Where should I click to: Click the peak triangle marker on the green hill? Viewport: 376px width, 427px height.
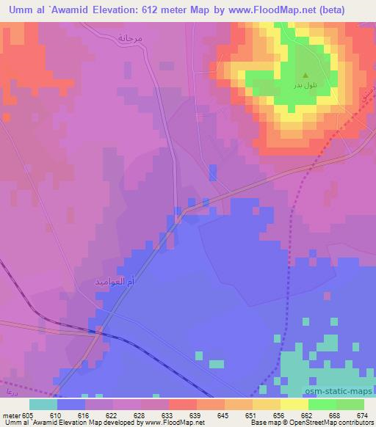[x=305, y=73]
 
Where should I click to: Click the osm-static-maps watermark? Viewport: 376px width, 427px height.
[x=339, y=392]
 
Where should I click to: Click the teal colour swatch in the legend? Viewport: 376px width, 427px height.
[x=43, y=404]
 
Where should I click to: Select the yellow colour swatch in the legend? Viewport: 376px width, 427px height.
[x=294, y=404]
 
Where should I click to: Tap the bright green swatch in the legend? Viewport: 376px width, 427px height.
[x=322, y=404]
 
